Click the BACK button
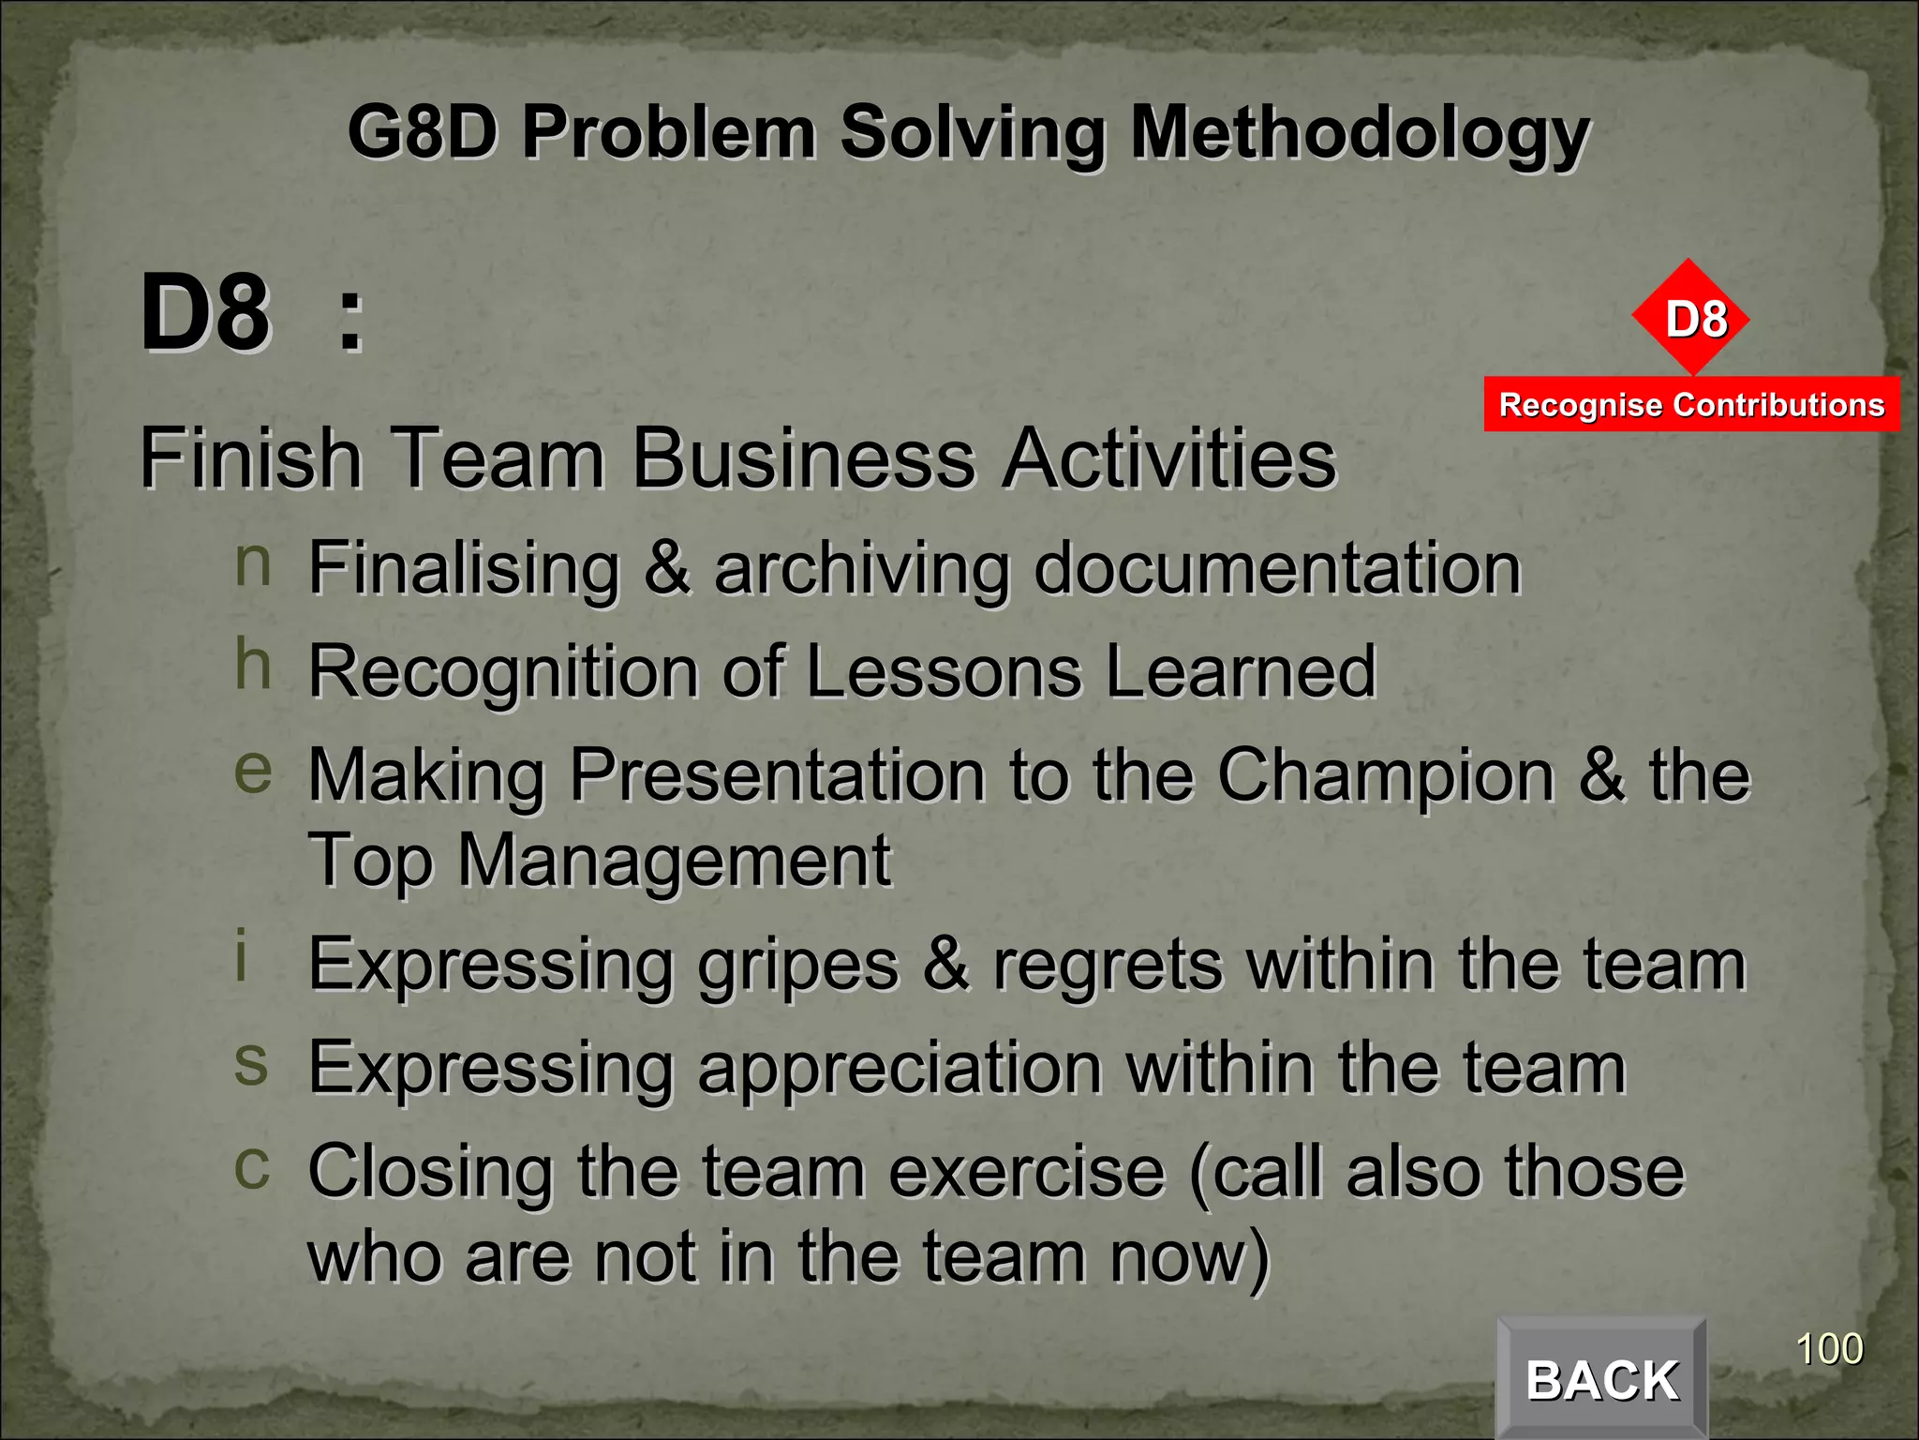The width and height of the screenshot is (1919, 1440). tap(1601, 1379)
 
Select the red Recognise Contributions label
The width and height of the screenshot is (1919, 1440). tap(1691, 405)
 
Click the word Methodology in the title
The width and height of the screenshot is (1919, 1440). tap(1360, 134)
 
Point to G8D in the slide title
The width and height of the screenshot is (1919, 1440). tap(421, 132)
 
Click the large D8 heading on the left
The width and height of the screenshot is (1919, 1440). tap(205, 314)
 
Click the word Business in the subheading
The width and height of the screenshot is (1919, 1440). tap(804, 459)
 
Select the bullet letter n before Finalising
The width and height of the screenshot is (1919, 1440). tap(253, 564)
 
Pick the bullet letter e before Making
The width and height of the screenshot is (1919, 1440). tap(253, 771)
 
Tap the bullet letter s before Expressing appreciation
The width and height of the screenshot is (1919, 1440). tap(251, 1064)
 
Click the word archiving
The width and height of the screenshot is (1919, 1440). tap(861, 570)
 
